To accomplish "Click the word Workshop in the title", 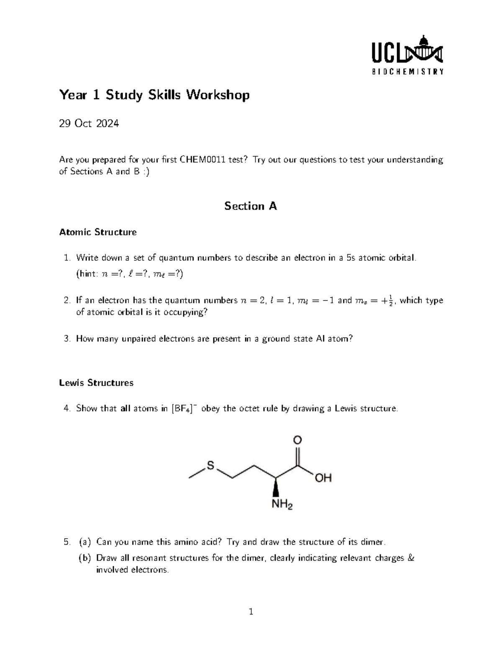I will point(218,95).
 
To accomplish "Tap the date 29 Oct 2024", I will point(89,123).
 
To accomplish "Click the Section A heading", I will point(251,206).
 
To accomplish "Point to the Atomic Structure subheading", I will point(98,232).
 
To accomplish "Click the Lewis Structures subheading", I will point(96,383).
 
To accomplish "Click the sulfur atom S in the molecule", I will point(210,465).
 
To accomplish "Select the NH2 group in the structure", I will point(282,504).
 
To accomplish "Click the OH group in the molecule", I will point(323,478).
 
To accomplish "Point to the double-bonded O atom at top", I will point(297,440).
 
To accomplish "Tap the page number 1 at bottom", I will point(251,612).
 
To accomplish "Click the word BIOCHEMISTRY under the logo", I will point(407,72).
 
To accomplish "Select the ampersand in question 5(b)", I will point(410,558).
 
